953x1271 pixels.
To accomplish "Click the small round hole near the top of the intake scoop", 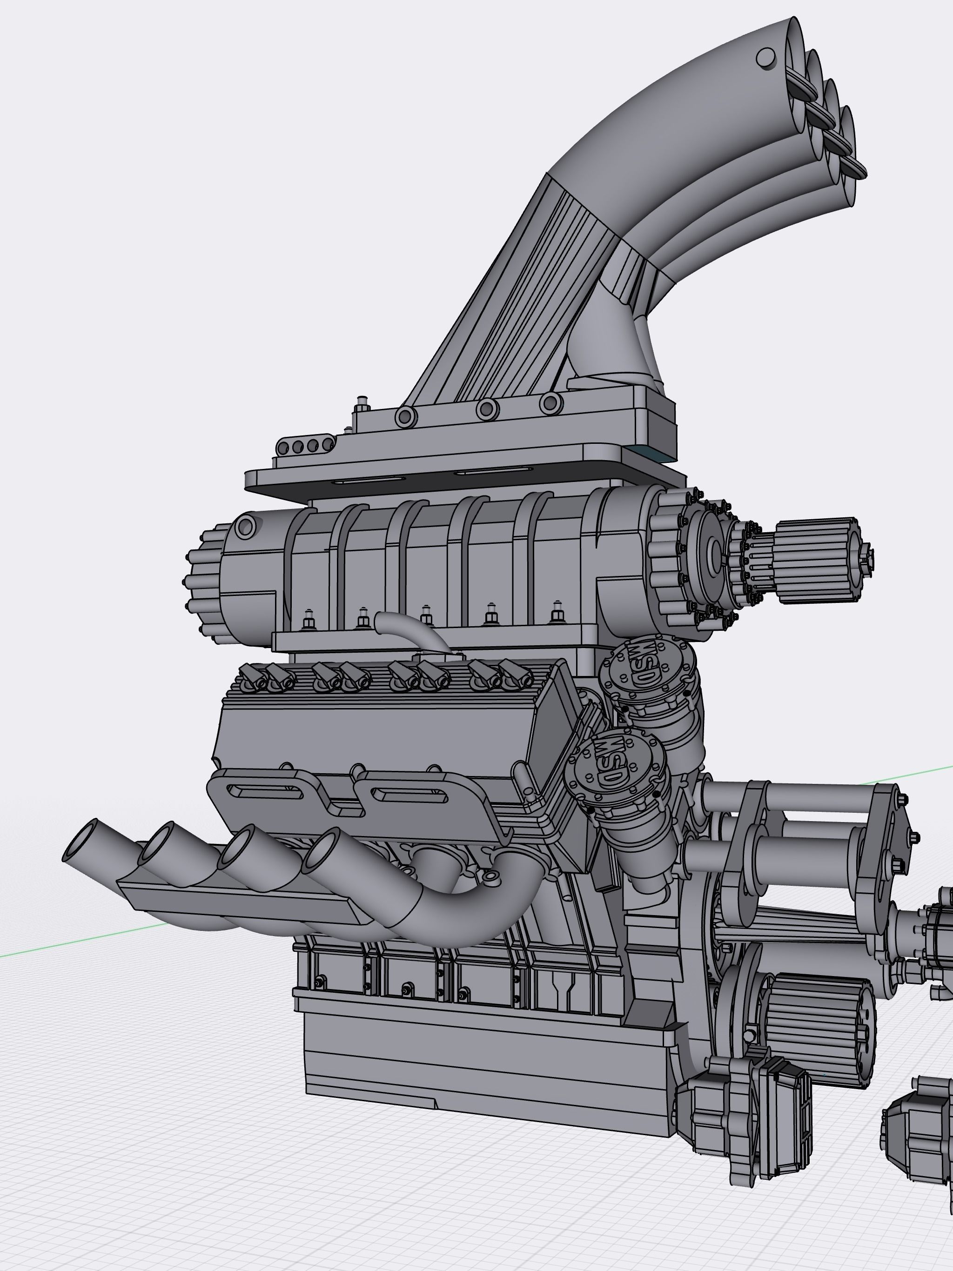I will (x=765, y=58).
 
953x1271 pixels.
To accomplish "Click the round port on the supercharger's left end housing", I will (x=245, y=526).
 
